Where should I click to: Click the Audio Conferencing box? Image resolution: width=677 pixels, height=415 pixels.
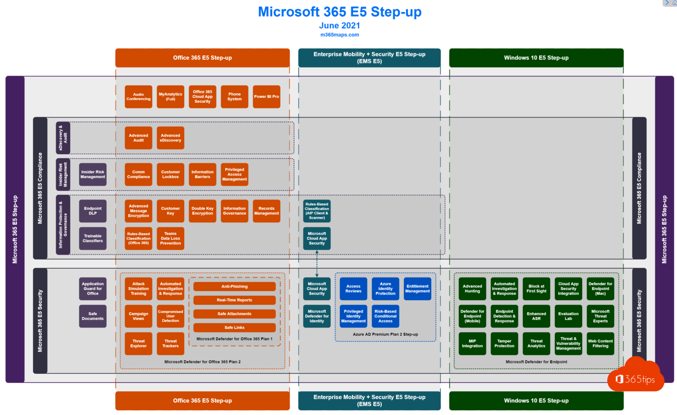pyautogui.click(x=138, y=96)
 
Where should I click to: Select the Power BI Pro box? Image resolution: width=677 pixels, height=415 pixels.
pyautogui.click(x=266, y=96)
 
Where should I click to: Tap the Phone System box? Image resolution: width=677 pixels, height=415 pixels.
pyautogui.click(x=234, y=96)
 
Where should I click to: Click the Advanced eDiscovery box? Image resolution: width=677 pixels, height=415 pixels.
pyautogui.click(x=171, y=138)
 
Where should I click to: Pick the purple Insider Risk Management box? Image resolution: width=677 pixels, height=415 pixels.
pyautogui.click(x=93, y=174)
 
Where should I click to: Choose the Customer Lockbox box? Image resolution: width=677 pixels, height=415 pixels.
pyautogui.click(x=171, y=174)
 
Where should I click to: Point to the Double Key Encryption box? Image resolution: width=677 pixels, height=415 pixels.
pyautogui.click(x=202, y=211)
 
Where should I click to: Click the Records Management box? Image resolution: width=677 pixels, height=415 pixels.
pyautogui.click(x=266, y=211)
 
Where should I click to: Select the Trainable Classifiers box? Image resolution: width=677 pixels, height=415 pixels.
pyautogui.click(x=93, y=238)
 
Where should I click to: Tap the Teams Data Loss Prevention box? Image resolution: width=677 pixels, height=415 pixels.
pyautogui.click(x=171, y=238)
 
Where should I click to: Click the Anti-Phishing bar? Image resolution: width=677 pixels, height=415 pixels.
pyautogui.click(x=234, y=286)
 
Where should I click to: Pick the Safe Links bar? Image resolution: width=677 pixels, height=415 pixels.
pyautogui.click(x=234, y=327)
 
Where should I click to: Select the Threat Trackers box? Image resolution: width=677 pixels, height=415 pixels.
pyautogui.click(x=171, y=344)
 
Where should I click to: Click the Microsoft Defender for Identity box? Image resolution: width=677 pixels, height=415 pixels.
pyautogui.click(x=316, y=316)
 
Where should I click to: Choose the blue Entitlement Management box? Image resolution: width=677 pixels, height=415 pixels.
pyautogui.click(x=417, y=289)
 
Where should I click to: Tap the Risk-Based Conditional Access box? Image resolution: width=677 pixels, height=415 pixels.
pyautogui.click(x=385, y=316)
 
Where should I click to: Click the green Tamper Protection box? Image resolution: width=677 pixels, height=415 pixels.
pyautogui.click(x=504, y=344)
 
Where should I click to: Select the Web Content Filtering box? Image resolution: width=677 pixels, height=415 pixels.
pyautogui.click(x=600, y=344)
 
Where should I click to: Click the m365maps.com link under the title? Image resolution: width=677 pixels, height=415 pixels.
pyautogui.click(x=339, y=35)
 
